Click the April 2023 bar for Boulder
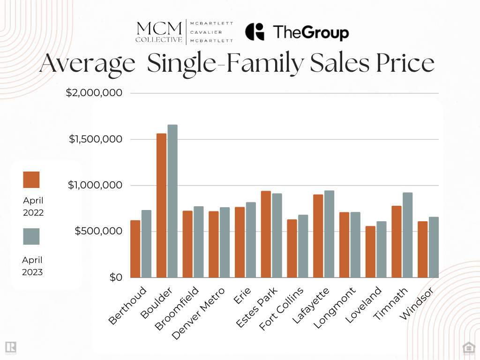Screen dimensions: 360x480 (x=172, y=201)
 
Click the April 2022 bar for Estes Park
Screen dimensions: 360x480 (x=266, y=234)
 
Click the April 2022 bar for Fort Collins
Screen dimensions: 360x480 (x=292, y=248)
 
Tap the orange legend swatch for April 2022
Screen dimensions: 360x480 (x=31, y=180)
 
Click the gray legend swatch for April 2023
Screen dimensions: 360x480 (x=31, y=236)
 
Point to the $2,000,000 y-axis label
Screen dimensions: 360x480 (x=94, y=93)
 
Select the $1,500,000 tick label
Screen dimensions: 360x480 (x=96, y=139)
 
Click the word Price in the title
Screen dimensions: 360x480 (x=406, y=64)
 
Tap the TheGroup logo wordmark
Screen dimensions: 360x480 (x=310, y=33)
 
